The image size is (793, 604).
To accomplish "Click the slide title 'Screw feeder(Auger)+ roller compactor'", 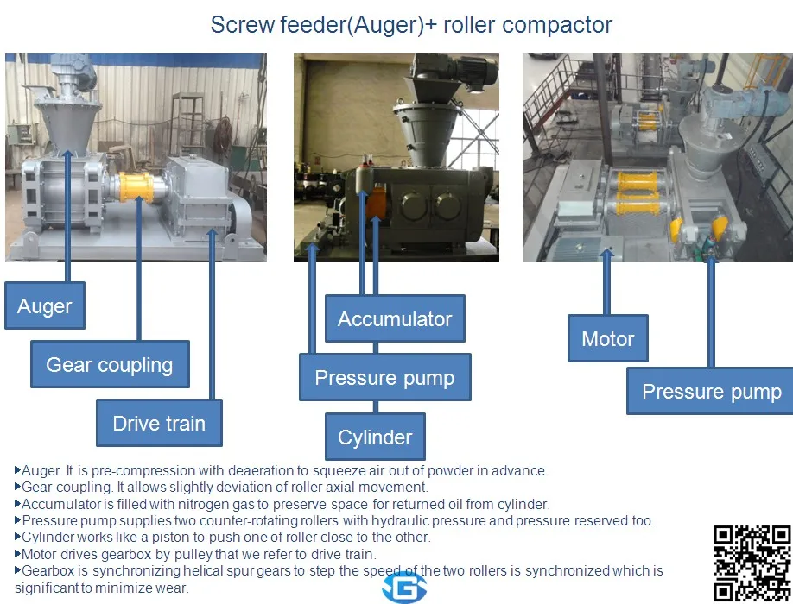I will click(411, 24).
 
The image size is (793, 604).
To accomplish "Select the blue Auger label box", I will click(45, 305).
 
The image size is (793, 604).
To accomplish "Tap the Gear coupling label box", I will click(109, 365).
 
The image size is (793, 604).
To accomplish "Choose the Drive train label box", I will click(159, 424).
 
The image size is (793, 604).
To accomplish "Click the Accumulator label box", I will click(395, 319).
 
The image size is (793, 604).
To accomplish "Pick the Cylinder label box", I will click(375, 437).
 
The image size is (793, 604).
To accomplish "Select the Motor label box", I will click(608, 338).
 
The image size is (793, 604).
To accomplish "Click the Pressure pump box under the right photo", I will click(711, 391).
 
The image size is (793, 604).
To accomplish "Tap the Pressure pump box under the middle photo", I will click(384, 378).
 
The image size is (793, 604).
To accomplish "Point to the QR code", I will click(751, 563).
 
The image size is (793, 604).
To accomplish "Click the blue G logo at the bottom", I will click(399, 587).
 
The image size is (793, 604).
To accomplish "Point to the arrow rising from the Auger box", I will click(69, 173).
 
